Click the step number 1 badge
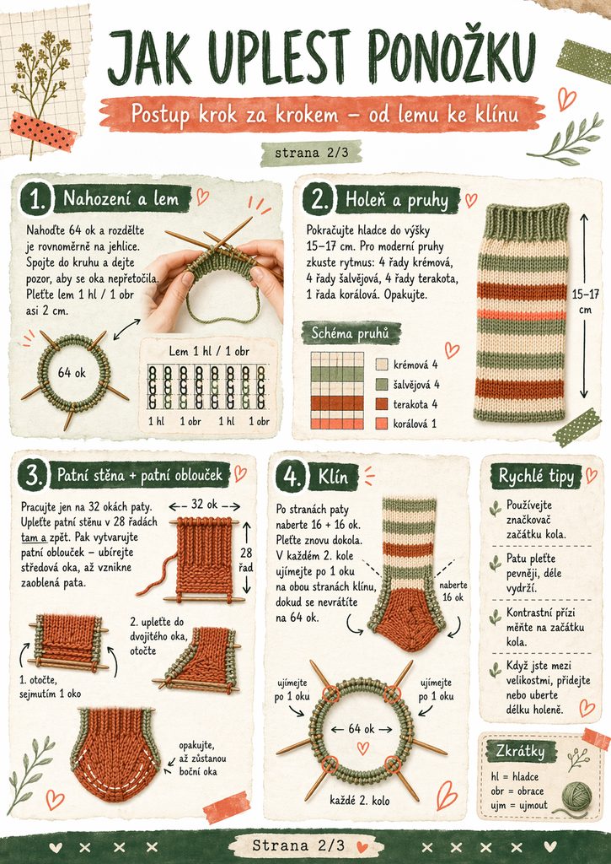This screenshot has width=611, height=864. coord(36,198)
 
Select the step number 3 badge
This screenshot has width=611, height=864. coord(34,475)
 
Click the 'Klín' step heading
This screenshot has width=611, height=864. coord(333,477)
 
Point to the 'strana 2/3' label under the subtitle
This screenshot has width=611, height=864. coord(312,153)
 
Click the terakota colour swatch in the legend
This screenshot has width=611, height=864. coord(382,404)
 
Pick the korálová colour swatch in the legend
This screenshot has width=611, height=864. coord(382,424)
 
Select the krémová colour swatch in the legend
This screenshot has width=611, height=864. coord(382,364)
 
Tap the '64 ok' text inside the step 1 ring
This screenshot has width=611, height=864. coord(72,373)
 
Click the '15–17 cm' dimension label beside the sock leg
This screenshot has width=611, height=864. coord(585,301)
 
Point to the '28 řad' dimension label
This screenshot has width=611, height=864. coord(246,559)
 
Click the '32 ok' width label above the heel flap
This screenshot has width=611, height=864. coord(204,505)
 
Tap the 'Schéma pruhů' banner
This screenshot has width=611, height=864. coord(350,332)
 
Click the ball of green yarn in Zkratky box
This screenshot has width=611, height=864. coord(576,796)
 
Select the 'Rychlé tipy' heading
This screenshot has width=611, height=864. coord(536,477)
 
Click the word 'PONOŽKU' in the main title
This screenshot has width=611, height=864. coord(452,57)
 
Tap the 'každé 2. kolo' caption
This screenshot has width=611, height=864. coord(360,800)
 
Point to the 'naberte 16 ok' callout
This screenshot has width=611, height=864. coord(454,591)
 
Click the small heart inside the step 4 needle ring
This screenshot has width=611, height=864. coord(362,748)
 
